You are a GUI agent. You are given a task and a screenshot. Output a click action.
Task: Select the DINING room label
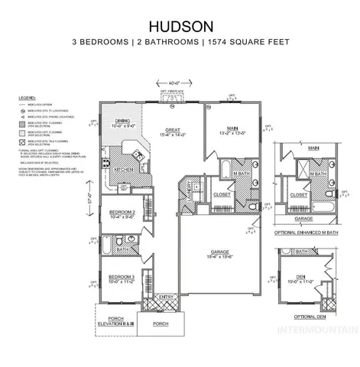(122, 120)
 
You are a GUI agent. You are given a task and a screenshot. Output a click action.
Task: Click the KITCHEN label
(128, 169)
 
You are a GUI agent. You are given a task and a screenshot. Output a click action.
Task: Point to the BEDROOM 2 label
(122, 212)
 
